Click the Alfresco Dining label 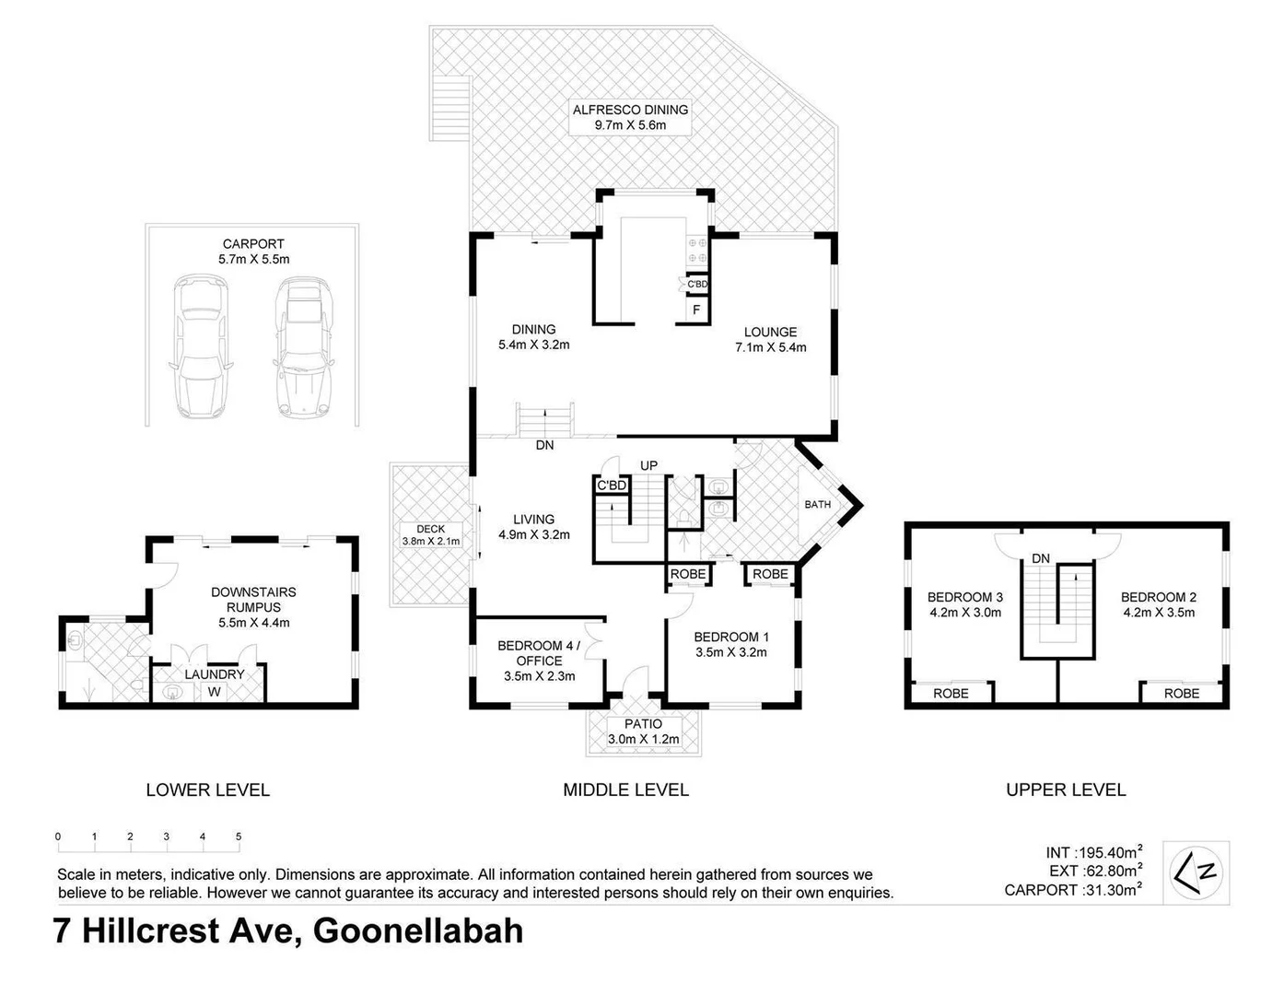point(630,110)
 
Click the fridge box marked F point(696,310)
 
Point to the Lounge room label point(770,332)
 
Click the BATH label point(817,504)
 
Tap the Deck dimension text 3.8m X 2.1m point(430,542)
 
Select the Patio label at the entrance point(643,724)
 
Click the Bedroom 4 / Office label point(539,653)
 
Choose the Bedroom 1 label point(730,637)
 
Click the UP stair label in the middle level point(648,465)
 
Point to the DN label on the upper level point(1041,558)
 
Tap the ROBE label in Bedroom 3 point(951,693)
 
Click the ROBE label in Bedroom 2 point(1181,693)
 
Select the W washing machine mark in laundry point(214,692)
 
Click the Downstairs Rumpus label point(253,600)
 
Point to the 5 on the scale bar point(239,837)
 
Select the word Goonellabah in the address point(418,931)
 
